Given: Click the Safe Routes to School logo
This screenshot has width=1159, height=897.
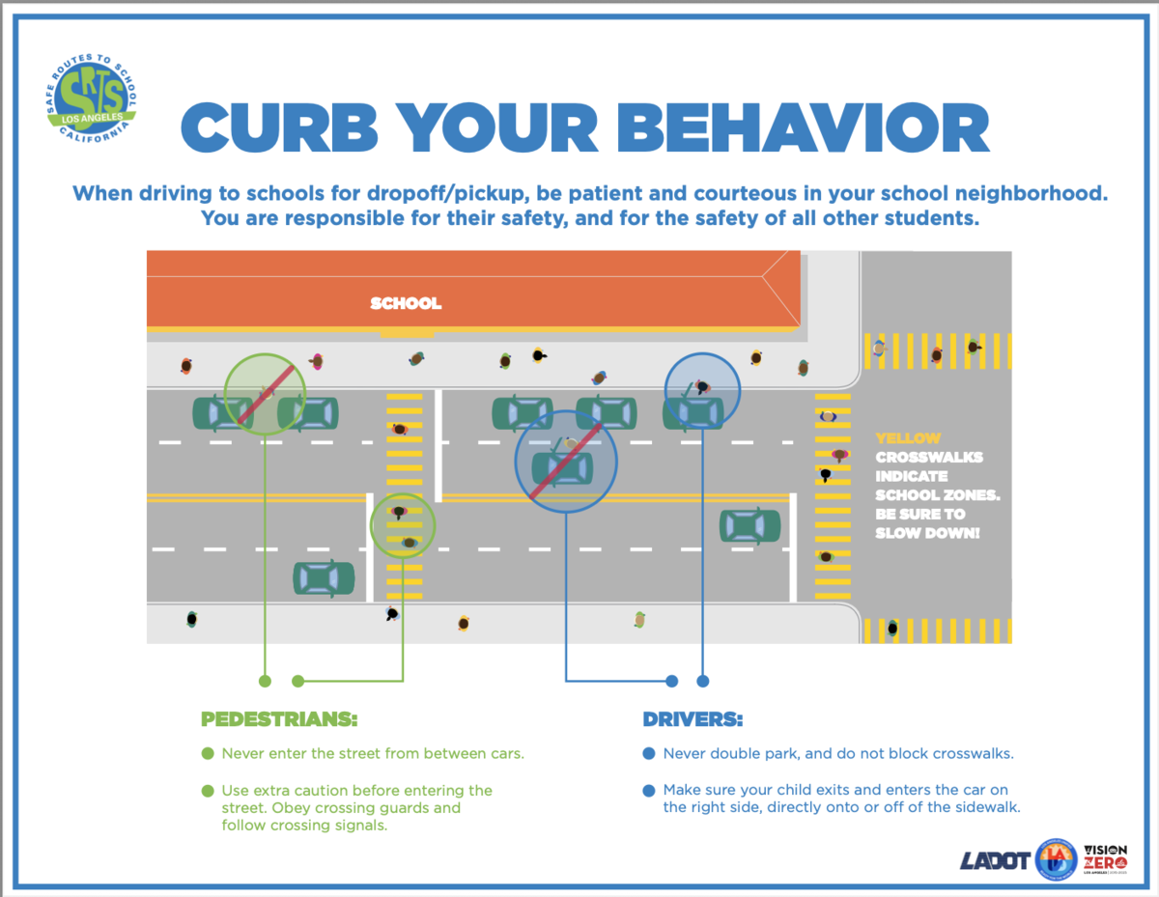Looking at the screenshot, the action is point(91,98).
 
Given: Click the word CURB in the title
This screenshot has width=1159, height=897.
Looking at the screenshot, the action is point(279,127).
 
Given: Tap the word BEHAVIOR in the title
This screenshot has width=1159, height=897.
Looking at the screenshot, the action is point(803,127).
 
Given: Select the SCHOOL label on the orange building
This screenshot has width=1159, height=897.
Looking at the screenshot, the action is point(406,303).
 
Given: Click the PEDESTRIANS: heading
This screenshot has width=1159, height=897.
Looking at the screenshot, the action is point(279,719).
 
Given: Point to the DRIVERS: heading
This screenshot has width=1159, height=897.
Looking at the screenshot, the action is point(693,719).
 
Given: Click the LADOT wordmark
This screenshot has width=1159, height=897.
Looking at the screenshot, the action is point(995,860).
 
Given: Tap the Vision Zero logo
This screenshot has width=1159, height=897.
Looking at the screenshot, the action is point(1105,859).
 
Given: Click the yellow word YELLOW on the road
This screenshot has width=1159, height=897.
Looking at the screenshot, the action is point(908,438).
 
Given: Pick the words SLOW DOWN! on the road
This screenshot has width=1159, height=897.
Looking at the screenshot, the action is point(927,533).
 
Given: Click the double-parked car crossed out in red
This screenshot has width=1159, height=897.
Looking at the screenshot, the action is point(563,468).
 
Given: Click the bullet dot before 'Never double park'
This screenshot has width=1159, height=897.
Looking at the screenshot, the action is point(649,754).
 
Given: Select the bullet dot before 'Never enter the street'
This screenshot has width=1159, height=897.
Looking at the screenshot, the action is point(208,754).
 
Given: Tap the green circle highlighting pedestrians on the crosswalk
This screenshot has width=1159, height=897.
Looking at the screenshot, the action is point(403,525).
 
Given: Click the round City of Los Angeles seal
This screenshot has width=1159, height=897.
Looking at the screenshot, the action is point(1056,859).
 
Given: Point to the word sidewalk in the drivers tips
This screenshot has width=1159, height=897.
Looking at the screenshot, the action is point(987,807).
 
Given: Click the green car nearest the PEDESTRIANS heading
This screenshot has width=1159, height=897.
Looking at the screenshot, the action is point(324,578).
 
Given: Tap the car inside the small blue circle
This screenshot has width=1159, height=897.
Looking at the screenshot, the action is point(693,412).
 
